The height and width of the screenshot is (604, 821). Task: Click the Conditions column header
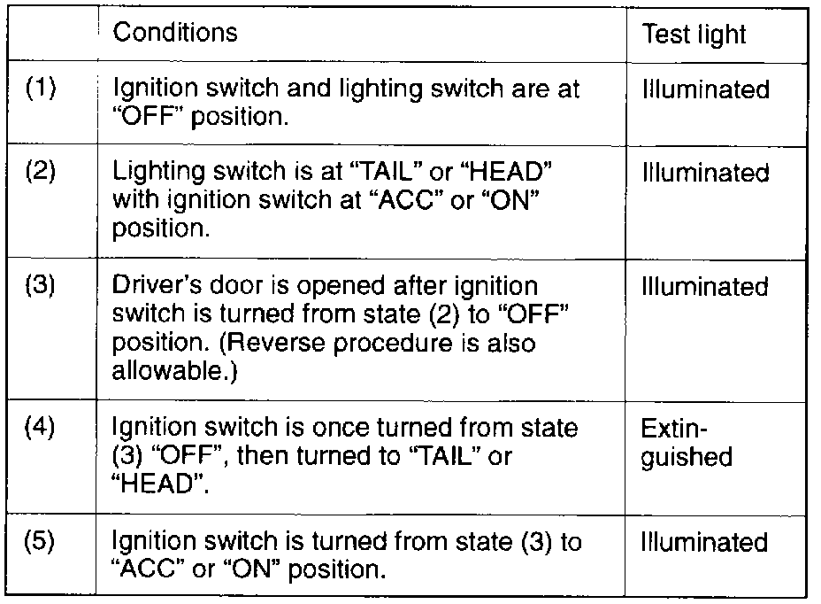(x=175, y=33)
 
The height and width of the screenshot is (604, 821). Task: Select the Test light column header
(x=694, y=35)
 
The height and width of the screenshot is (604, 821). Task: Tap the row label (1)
(x=41, y=90)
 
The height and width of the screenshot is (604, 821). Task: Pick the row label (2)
(x=41, y=172)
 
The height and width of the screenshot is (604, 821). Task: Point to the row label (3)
(x=41, y=286)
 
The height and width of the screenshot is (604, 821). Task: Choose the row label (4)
(x=41, y=428)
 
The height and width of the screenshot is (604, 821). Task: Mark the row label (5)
(x=41, y=541)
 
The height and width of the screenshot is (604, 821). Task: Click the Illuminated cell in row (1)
(x=705, y=89)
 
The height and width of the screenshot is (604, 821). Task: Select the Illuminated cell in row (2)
(x=705, y=172)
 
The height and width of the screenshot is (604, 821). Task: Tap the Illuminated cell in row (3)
(x=705, y=286)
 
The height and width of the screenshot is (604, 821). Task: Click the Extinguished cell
(x=687, y=442)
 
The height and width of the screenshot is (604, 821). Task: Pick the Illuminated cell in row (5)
(x=705, y=541)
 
